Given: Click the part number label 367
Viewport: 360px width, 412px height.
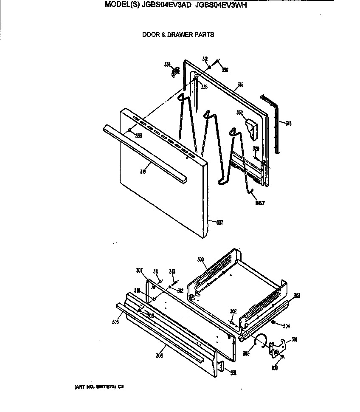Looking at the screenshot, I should pyautogui.click(x=260, y=203).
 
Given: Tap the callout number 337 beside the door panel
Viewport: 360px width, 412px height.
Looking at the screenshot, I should pyautogui.click(x=219, y=222).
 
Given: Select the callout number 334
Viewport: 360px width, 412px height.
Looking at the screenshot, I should pyautogui.click(x=167, y=65).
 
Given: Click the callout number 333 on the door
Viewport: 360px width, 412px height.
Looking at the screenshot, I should pyautogui.click(x=138, y=135).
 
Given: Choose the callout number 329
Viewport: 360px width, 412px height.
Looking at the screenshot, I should pyautogui.click(x=256, y=149).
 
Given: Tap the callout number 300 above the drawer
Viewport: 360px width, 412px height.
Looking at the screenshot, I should pyautogui.click(x=201, y=259).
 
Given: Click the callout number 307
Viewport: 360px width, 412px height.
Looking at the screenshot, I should pyautogui.click(x=140, y=270).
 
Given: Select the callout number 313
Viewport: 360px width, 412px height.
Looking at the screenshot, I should pyautogui.click(x=172, y=271).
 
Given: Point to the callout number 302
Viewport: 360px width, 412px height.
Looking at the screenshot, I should pyautogui.click(x=233, y=311).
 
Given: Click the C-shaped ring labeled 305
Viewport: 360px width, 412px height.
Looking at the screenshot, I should pyautogui.click(x=259, y=339).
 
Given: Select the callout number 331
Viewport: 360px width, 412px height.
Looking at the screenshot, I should pyautogui.click(x=233, y=373).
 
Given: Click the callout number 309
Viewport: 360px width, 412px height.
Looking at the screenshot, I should pyautogui.click(x=150, y=315).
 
